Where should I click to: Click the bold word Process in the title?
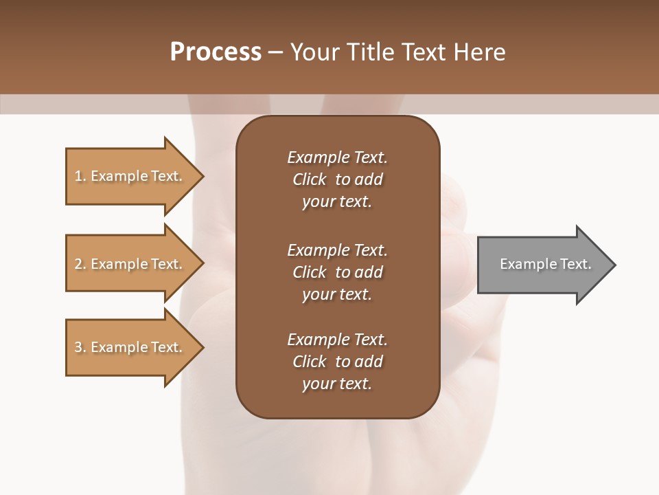coord(216,52)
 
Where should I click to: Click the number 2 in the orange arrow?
coord(78,264)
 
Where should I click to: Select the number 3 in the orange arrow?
coord(78,347)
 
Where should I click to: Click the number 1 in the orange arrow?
coord(78,176)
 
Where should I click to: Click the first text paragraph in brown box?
coord(337,179)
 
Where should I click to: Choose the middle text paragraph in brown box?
coord(337,272)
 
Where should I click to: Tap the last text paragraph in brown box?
coord(337,362)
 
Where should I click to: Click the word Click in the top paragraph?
coord(309,179)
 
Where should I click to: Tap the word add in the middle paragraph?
coord(369,272)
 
